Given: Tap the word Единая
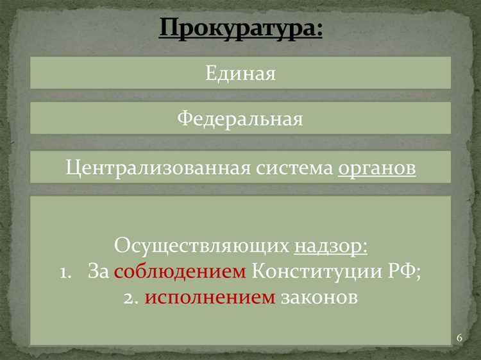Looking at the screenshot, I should coord(240,73).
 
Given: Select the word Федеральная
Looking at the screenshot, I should coord(240,119).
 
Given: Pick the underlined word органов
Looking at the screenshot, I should coord(376,168).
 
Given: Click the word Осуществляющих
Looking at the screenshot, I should coord(202,246).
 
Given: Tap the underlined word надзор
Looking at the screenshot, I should coord(328,246).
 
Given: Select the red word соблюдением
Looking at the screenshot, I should coord(180,271).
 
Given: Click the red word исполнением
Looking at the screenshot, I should coord(211,297).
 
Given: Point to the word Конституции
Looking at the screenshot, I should coord(312,271).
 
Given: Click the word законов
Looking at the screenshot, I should coord(319,297).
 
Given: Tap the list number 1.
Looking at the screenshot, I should coord(65,272).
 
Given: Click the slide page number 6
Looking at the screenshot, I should coord(459,338).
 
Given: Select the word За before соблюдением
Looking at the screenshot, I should coord(99,271).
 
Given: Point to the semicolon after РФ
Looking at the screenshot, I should coord(418,274).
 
